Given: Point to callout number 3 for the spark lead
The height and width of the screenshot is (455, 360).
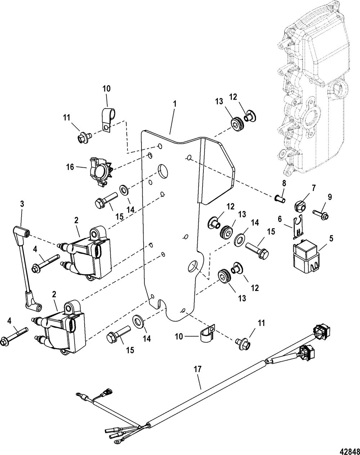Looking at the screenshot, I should [22, 204].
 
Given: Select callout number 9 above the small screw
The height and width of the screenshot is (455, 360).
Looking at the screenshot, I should [330, 197].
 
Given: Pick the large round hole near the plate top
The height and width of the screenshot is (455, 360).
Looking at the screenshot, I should [163, 171].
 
